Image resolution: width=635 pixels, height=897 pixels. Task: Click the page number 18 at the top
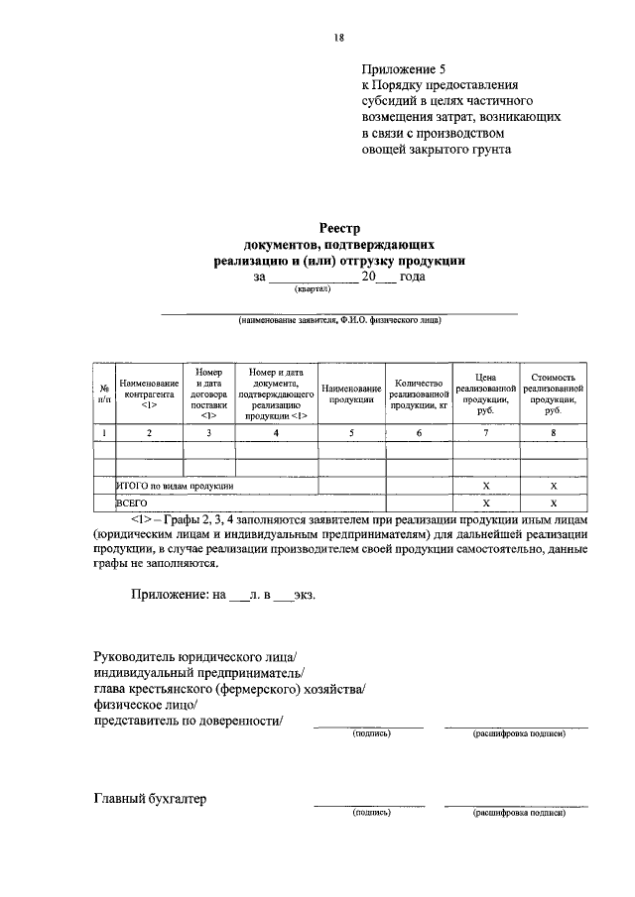pos(338,38)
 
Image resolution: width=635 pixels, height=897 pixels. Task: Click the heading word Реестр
pos(338,227)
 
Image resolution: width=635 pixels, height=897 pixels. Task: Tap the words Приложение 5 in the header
pos(405,69)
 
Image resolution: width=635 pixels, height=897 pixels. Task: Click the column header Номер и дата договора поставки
pos(208,393)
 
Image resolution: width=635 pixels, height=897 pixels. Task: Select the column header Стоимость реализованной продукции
pos(553,393)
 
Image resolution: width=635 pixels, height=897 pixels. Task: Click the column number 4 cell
pos(276,433)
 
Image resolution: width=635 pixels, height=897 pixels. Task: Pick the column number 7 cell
pos(485,433)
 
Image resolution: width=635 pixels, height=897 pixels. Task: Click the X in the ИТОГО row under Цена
pos(485,487)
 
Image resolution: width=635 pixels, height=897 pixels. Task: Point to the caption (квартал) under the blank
pos(313,290)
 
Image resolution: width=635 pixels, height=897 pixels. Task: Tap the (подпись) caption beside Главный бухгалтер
pos(372,812)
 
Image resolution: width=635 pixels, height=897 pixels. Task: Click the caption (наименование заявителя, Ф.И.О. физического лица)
pos(338,320)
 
